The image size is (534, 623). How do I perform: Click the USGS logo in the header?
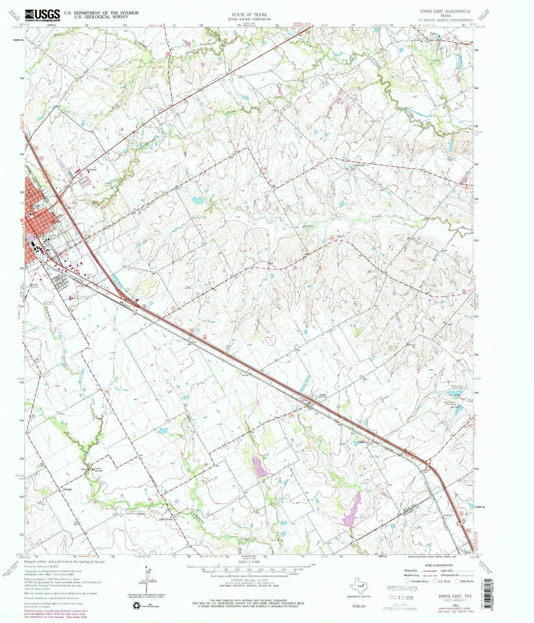tap(42, 15)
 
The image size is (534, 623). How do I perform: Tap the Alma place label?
tap(323, 395)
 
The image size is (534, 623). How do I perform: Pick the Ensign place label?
tap(67, 489)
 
